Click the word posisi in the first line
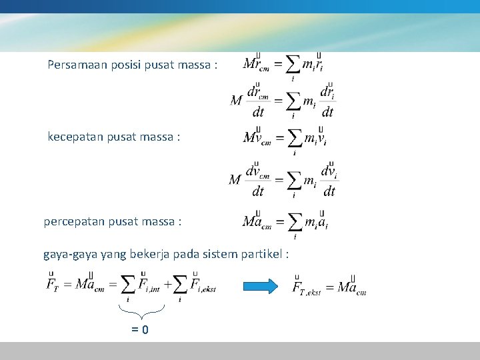[129, 65]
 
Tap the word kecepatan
[77, 137]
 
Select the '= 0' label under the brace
[140, 329]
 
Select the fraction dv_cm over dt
[258, 180]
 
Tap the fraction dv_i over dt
[329, 180]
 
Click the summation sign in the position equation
[292, 65]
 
